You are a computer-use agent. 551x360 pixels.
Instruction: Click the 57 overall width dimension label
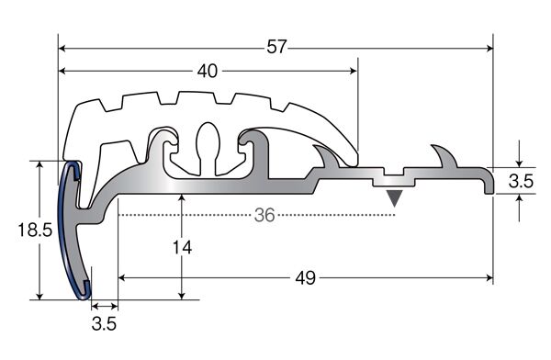(276, 47)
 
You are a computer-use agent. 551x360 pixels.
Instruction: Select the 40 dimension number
(208, 72)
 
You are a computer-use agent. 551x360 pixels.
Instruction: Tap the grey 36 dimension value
(264, 215)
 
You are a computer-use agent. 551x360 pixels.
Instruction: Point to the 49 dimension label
(306, 278)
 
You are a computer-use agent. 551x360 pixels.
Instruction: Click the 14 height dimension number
(182, 248)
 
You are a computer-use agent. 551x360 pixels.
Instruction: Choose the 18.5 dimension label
(35, 231)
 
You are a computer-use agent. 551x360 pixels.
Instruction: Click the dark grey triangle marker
(394, 198)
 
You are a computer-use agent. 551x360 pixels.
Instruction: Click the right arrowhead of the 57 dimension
(489, 48)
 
